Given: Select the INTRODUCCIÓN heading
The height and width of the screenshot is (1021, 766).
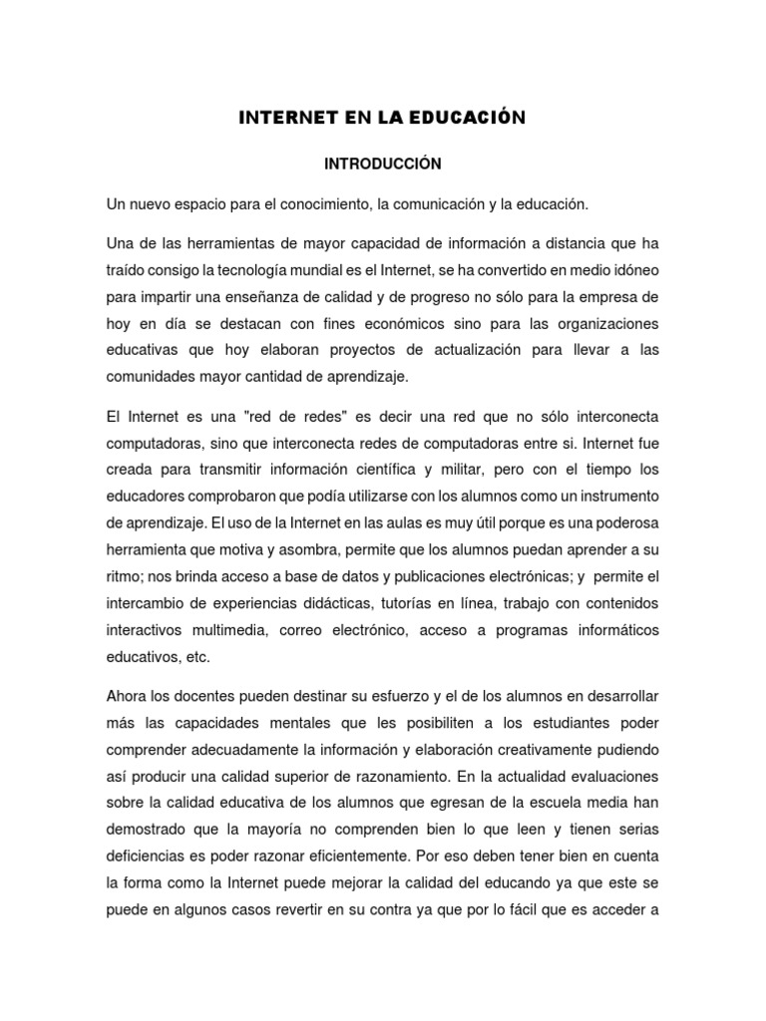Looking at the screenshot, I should point(382,162).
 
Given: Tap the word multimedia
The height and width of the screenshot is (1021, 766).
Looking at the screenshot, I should point(231,630).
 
